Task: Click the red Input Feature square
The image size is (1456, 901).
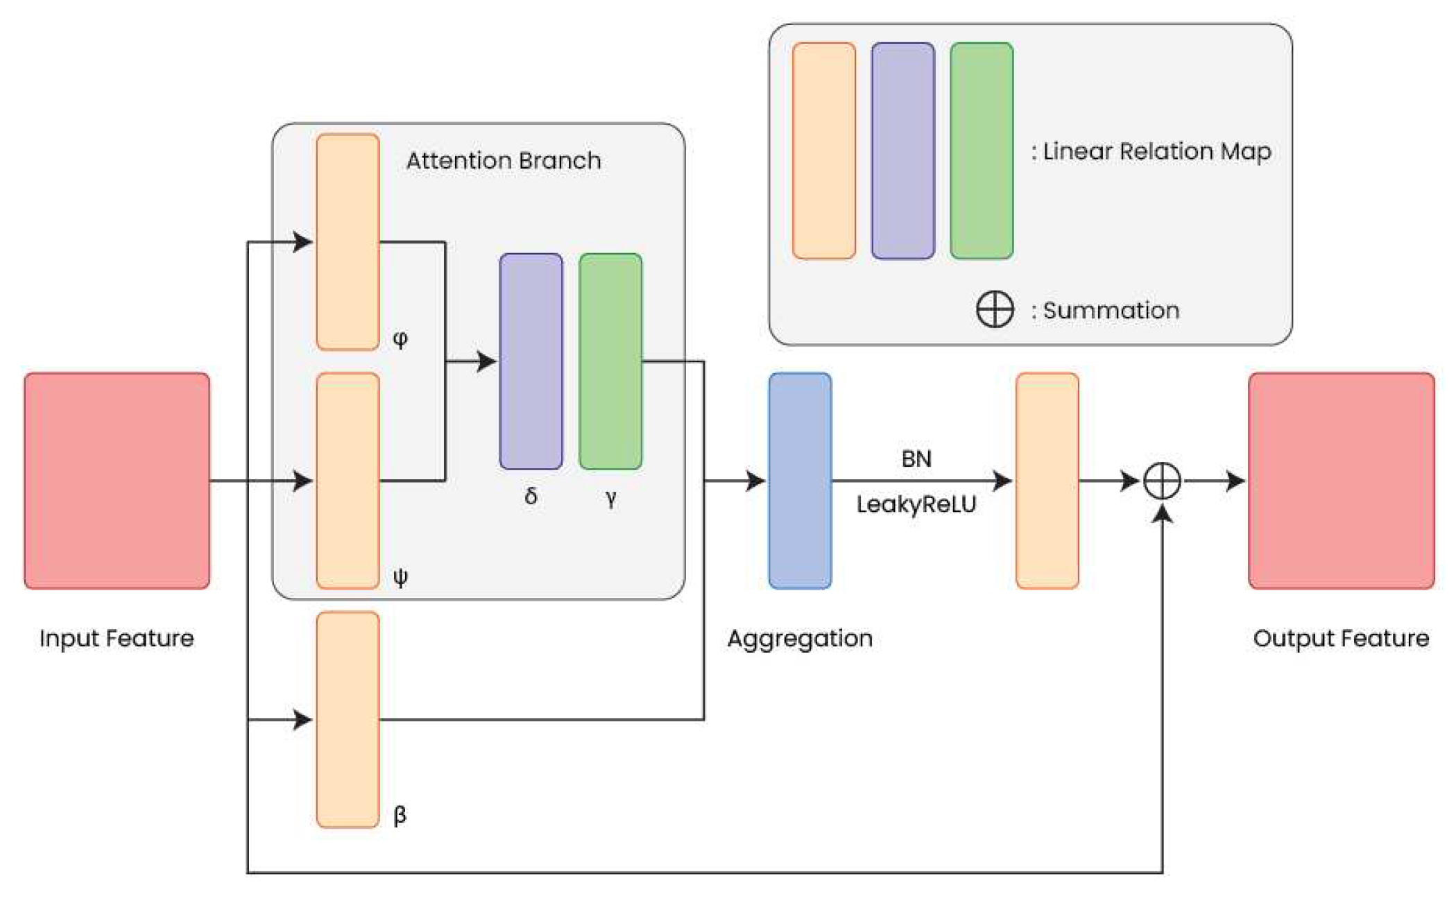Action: [117, 481]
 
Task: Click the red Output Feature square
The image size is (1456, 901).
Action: [1341, 481]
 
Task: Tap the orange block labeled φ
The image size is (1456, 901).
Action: [348, 242]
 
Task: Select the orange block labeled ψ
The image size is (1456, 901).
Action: [348, 481]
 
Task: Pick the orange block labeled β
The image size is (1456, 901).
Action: [348, 719]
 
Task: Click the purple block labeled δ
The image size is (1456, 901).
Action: [531, 361]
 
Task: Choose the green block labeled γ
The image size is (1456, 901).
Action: [610, 361]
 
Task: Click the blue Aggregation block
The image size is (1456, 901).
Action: [800, 481]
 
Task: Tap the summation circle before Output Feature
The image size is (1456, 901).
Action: [1162, 481]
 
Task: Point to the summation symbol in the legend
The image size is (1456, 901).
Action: [995, 309]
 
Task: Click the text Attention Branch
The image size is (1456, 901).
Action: [504, 160]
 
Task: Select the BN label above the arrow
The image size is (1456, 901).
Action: [916, 458]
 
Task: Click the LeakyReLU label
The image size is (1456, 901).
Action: [916, 504]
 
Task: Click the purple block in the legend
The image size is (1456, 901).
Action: [902, 151]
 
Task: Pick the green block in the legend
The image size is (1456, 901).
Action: [982, 151]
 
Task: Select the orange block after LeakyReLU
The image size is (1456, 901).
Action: [1047, 481]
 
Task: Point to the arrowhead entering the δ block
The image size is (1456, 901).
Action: [487, 361]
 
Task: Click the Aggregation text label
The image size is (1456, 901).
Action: [800, 638]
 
